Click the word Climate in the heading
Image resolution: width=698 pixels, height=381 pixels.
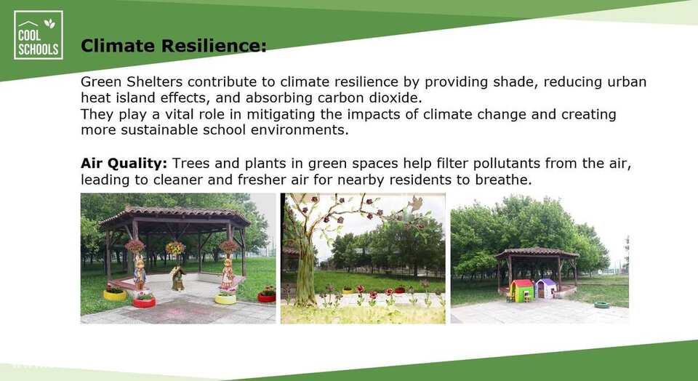click(118, 45)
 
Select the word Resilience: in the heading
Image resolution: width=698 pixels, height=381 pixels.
click(214, 45)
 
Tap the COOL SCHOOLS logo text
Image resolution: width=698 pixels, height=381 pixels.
click(39, 42)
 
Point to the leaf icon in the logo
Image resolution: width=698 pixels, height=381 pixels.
click(50, 23)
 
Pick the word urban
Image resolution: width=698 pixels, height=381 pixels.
click(627, 82)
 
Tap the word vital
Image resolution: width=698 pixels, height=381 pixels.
click(180, 114)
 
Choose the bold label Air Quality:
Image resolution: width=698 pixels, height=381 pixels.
click(124, 164)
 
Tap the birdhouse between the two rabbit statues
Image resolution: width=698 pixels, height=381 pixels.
click(178, 278)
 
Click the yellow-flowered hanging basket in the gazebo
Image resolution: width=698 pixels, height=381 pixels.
click(175, 248)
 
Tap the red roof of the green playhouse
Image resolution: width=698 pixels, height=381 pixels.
click(522, 284)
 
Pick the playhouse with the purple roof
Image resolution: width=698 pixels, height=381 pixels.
click(546, 289)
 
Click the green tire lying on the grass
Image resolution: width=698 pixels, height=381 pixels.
click(602, 305)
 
